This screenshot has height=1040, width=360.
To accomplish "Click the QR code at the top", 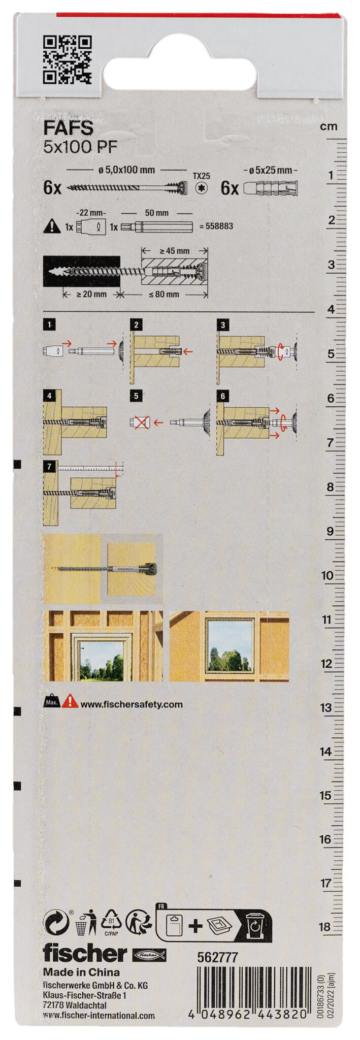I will click(67, 59).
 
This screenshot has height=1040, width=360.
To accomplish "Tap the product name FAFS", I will click(68, 127).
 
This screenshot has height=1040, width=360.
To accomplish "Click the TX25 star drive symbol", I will click(202, 188).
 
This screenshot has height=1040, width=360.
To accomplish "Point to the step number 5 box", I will click(136, 396).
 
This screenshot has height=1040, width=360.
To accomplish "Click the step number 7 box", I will click(49, 466).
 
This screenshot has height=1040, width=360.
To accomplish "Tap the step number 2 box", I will click(136, 324).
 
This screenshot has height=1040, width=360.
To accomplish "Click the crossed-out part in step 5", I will click(140, 422).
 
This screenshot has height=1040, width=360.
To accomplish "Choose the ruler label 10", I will click(327, 575).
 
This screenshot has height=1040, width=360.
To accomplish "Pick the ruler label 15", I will click(325, 795).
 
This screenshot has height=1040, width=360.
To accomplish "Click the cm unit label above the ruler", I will click(329, 126).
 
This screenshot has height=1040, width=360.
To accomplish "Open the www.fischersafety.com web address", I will click(132, 704).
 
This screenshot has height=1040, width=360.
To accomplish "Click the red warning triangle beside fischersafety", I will click(70, 702).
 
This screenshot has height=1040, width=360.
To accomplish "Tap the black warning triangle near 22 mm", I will click(52, 226).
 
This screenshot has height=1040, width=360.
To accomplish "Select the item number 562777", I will click(217, 957).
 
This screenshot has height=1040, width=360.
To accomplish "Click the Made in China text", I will click(81, 972).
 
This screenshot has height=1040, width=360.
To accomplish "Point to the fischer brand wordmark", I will click(84, 954).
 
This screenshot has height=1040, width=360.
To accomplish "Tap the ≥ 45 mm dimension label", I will click(174, 251).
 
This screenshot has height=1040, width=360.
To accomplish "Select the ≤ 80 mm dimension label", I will click(163, 294).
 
